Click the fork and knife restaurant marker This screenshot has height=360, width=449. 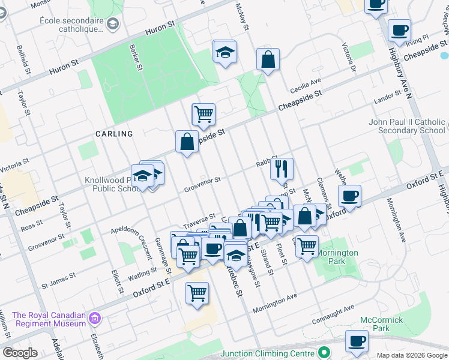tap(282, 169)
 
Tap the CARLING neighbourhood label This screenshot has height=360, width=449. tap(113, 134)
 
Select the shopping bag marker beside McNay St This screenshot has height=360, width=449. tap(268, 60)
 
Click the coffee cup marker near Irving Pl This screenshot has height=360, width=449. tap(399, 30)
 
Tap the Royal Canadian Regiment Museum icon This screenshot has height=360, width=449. tap(95, 317)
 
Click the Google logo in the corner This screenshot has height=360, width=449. tap(20, 353)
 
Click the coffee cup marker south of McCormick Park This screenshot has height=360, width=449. tap(357, 341)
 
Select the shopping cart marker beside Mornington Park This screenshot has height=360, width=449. tap(307, 245)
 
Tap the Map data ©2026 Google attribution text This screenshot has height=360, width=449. tap(411, 355)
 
